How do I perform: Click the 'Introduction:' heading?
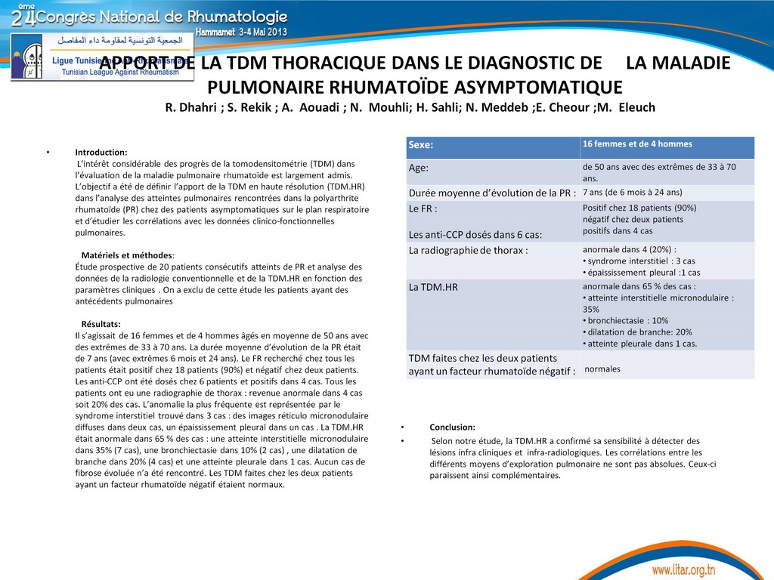click(101, 153)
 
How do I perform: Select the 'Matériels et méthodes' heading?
click(127, 255)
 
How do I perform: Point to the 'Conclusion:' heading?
click(452, 427)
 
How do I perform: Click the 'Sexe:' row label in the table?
click(422, 145)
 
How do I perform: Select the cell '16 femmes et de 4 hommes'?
click(637, 144)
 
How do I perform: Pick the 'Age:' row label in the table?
click(419, 169)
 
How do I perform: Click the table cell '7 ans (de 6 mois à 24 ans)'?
click(632, 192)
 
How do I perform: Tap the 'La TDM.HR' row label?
click(433, 287)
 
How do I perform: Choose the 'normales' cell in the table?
click(602, 369)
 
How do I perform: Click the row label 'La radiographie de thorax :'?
click(468, 250)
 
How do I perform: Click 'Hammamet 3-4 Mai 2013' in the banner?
click(241, 32)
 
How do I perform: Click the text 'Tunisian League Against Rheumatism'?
click(113, 72)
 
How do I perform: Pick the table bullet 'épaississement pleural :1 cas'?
click(643, 273)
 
